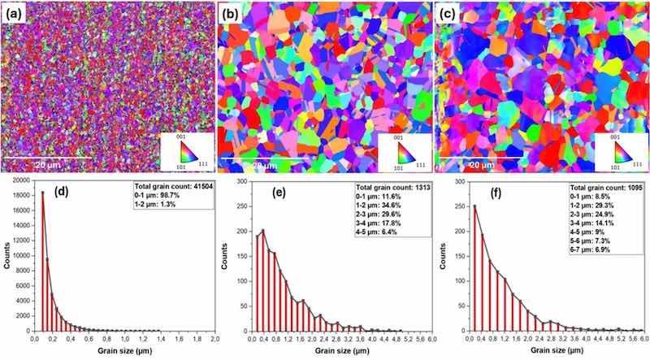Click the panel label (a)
pos(15,13)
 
